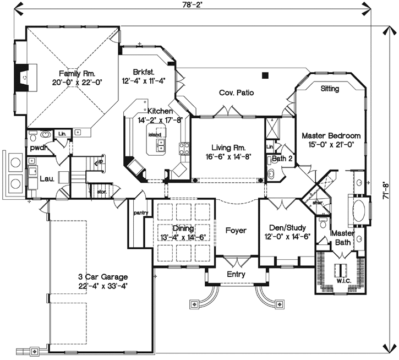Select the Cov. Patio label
point(236,93)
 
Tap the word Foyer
point(236,231)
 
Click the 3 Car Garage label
point(102,277)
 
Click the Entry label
point(236,275)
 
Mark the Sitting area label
point(330,89)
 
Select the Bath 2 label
point(282,159)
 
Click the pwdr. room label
point(37,148)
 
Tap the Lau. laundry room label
point(46,178)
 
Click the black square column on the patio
point(265,75)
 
